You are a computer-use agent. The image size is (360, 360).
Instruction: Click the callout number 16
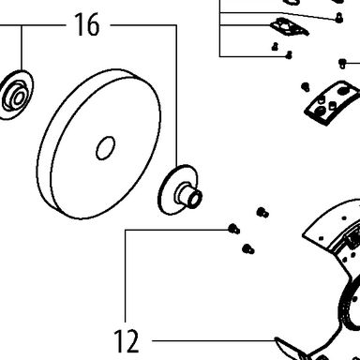click(x=87, y=24)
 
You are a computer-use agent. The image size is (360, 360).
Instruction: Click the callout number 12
click(x=127, y=341)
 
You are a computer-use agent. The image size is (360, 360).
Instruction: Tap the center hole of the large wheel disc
click(x=105, y=148)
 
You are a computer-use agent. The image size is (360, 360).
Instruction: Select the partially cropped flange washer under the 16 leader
click(x=16, y=95)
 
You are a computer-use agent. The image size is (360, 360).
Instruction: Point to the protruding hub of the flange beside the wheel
click(x=190, y=196)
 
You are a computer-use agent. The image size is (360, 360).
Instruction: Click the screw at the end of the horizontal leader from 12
click(x=233, y=229)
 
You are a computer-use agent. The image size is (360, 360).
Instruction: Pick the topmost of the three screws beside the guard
click(x=262, y=213)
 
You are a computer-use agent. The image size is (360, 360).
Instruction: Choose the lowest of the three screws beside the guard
click(x=248, y=248)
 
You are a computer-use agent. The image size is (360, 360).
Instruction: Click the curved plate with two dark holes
click(x=332, y=102)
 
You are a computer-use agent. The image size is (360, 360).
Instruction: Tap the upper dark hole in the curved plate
click(x=343, y=91)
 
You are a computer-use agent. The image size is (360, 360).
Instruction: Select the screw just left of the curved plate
click(x=306, y=86)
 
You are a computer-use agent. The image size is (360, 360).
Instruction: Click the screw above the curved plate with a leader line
click(x=342, y=64)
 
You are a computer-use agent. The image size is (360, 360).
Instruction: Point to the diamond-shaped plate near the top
click(x=289, y=27)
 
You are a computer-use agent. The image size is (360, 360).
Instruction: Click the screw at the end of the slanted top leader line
click(x=338, y=18)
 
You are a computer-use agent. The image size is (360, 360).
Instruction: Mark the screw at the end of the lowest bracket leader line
click(x=289, y=55)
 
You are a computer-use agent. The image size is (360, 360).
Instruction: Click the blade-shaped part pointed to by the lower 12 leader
click(x=289, y=348)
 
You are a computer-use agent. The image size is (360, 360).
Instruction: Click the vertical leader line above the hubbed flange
click(x=176, y=96)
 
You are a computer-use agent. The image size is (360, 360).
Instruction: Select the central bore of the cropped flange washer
click(x=19, y=97)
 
